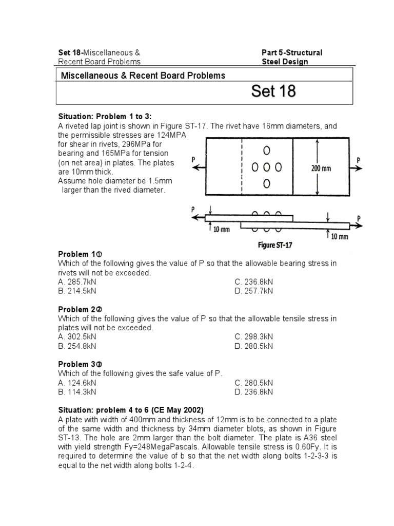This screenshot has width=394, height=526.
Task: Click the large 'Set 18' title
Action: coord(273,91)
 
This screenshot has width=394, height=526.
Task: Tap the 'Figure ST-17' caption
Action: coord(275,245)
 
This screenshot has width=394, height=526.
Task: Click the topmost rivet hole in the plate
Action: coord(266,151)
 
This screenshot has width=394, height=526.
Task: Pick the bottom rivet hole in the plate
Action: coord(266,183)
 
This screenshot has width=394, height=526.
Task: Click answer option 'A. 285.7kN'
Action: coord(77,281)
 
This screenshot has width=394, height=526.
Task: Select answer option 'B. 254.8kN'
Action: coord(77,346)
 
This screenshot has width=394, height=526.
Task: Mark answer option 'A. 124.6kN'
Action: coord(77,383)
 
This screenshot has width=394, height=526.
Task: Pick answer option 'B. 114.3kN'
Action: coord(77,392)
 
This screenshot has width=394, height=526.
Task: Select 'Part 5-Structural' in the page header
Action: coord(292,52)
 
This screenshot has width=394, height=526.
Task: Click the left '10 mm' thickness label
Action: coord(221,229)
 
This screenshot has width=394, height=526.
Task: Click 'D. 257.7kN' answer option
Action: coord(254,291)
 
